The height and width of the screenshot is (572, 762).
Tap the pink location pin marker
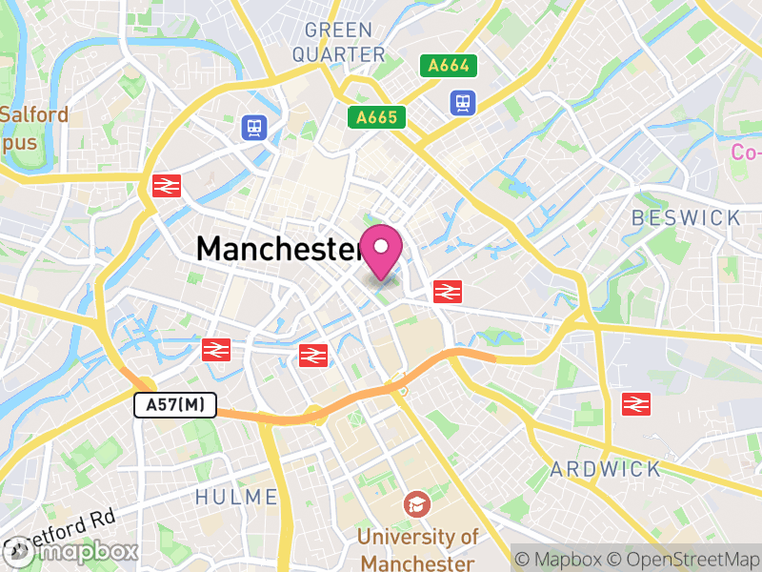(382, 250)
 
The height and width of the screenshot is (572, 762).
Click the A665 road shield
(376, 117)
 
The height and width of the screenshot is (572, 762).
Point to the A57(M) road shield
(175, 405)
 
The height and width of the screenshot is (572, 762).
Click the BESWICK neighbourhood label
(686, 218)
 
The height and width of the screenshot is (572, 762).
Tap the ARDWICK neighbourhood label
(606, 469)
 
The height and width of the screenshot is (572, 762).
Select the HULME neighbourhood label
(236, 497)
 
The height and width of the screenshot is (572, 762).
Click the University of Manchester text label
(417, 548)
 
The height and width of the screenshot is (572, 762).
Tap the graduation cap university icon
(416, 503)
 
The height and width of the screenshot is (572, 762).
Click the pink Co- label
(746, 152)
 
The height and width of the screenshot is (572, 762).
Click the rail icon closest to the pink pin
(444, 292)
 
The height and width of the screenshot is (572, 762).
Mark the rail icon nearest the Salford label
(167, 186)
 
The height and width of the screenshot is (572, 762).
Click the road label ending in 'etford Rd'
(76, 522)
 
